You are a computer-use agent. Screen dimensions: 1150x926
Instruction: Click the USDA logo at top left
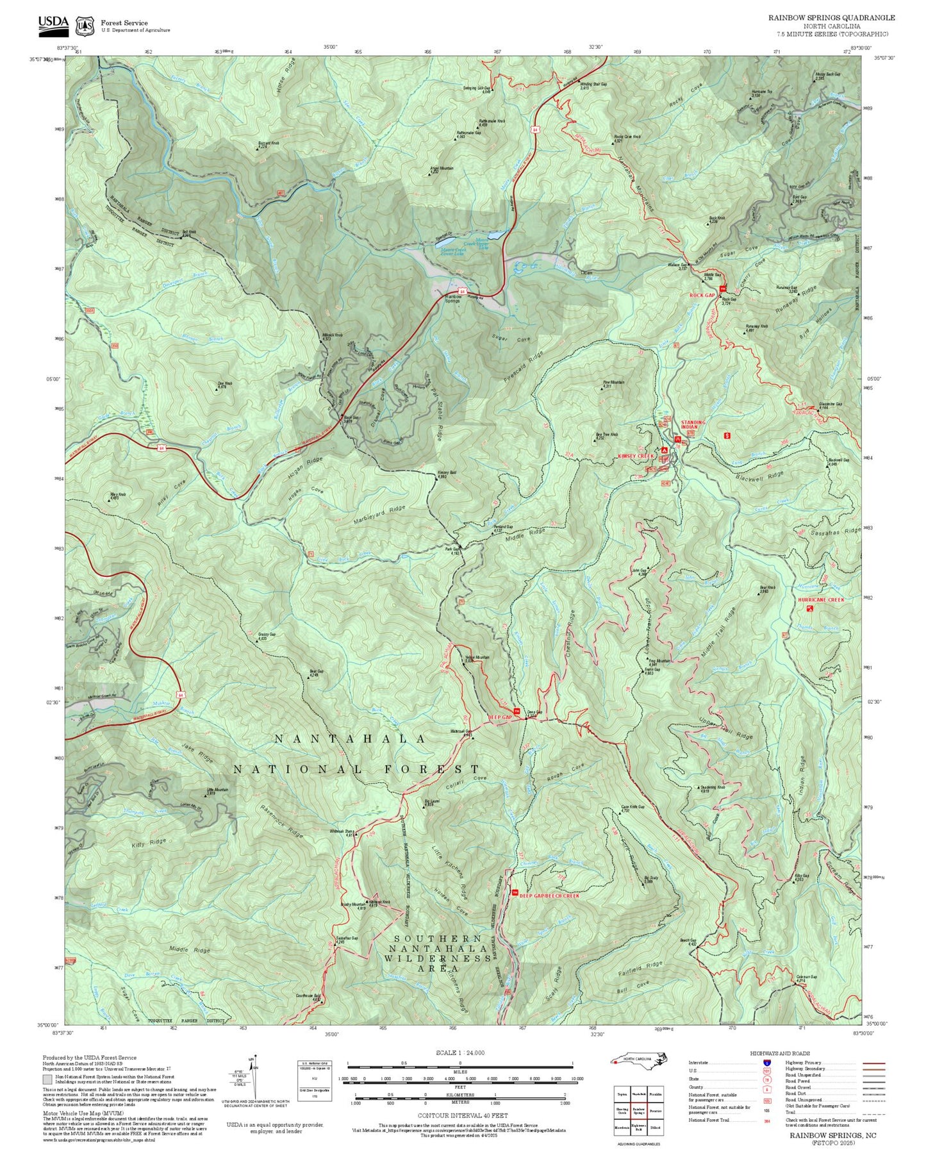click(x=53, y=24)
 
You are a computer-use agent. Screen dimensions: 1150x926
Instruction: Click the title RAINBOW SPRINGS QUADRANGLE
click(x=831, y=18)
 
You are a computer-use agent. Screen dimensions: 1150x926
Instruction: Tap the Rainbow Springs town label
click(x=452, y=299)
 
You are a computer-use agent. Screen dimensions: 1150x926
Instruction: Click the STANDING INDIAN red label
click(x=692, y=424)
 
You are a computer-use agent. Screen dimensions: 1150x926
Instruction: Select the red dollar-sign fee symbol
click(x=727, y=435)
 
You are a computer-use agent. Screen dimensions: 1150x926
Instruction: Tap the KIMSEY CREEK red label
click(x=636, y=456)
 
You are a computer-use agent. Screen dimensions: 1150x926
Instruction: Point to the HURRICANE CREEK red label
click(x=821, y=599)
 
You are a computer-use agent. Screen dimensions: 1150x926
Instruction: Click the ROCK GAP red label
click(x=702, y=295)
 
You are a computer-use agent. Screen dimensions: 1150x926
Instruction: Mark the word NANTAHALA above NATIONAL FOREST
click(x=350, y=738)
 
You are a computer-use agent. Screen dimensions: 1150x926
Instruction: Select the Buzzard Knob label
click(x=268, y=144)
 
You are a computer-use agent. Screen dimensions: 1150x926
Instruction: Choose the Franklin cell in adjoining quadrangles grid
click(x=655, y=1094)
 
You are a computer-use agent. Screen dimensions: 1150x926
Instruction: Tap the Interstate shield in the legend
click(x=766, y=1063)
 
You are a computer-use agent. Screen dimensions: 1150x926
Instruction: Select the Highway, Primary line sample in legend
click(x=873, y=1063)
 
